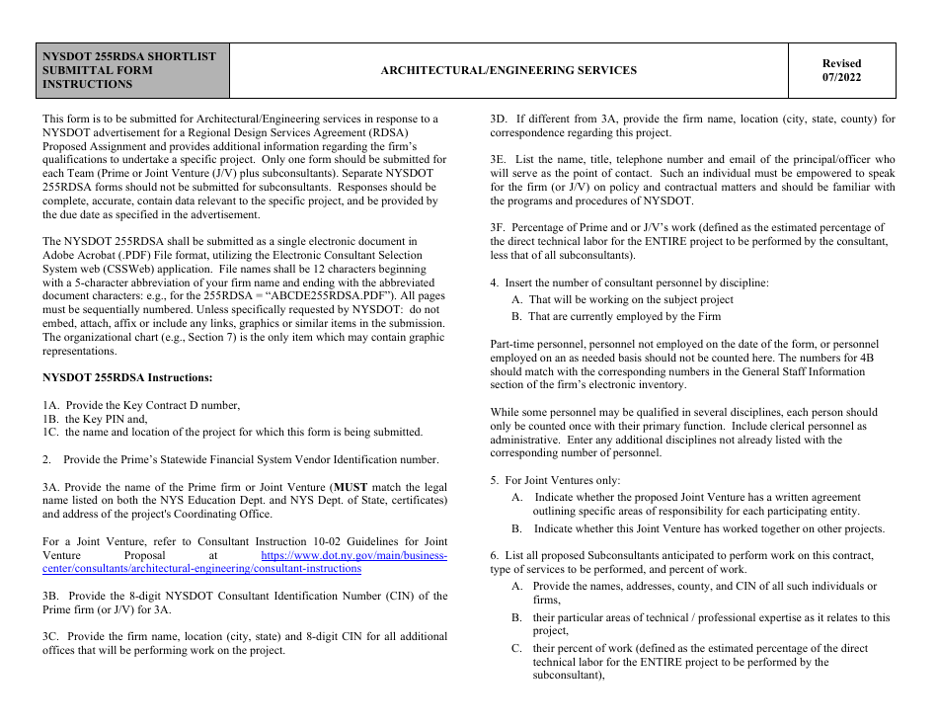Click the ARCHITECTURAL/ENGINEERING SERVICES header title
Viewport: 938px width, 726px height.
[x=508, y=70]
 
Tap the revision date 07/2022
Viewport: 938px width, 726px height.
[x=841, y=78]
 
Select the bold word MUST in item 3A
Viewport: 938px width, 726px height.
[x=351, y=487]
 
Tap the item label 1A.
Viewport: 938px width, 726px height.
[x=51, y=405]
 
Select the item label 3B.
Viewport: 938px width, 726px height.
[x=52, y=596]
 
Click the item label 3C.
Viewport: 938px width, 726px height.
[x=52, y=637]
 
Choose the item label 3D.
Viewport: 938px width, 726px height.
[x=501, y=120]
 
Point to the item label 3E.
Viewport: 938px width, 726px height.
[x=500, y=160]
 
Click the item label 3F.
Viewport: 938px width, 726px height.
[x=500, y=228]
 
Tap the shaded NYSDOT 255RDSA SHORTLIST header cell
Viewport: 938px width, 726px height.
[x=133, y=70]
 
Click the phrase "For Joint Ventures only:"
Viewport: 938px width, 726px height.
[x=562, y=481]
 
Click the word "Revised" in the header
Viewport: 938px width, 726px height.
[x=841, y=63]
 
